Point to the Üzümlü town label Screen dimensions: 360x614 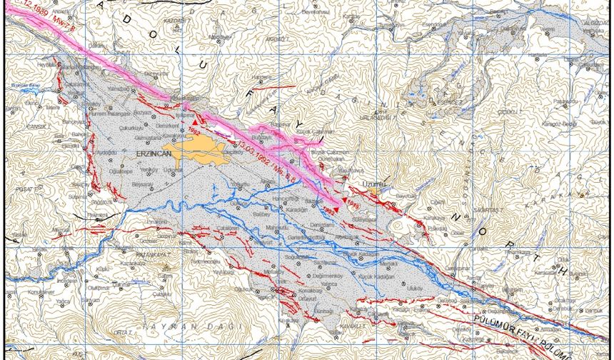(x=374, y=184)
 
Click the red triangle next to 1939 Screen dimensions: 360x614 (x=343, y=200)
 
